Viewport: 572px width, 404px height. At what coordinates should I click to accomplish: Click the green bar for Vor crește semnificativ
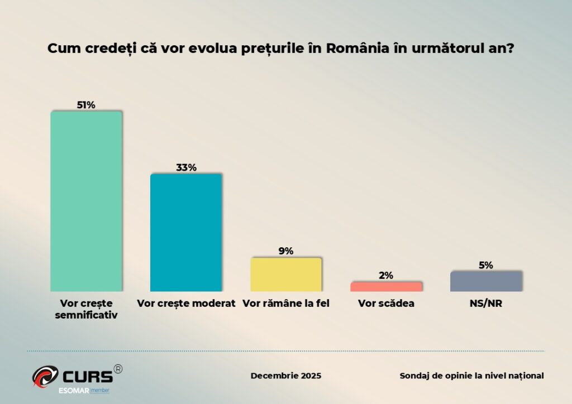click(86, 201)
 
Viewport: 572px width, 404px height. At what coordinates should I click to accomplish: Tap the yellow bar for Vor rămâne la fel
click(286, 274)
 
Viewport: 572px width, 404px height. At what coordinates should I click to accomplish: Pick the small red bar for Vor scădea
click(386, 286)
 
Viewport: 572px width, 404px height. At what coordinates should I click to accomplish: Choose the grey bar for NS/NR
click(486, 281)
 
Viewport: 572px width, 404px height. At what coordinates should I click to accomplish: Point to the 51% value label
click(86, 105)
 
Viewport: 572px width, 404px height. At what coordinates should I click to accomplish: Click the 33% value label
click(186, 167)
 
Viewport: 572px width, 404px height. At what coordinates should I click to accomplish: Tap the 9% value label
click(286, 251)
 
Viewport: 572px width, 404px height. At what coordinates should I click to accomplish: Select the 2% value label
click(386, 275)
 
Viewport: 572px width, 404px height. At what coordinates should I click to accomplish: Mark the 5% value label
click(486, 265)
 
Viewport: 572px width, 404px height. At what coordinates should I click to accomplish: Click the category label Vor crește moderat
click(186, 304)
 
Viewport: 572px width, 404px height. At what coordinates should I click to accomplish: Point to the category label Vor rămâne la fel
click(286, 304)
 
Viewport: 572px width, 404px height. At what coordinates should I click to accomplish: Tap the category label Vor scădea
click(386, 304)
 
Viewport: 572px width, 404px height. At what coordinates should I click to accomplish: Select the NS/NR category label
click(486, 304)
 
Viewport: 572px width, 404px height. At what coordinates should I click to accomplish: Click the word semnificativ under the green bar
click(86, 315)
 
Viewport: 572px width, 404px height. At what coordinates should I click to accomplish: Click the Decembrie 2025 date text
click(286, 376)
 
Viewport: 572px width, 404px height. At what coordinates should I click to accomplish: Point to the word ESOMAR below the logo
click(74, 389)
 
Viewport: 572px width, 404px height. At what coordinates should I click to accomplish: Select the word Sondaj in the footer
click(414, 376)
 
